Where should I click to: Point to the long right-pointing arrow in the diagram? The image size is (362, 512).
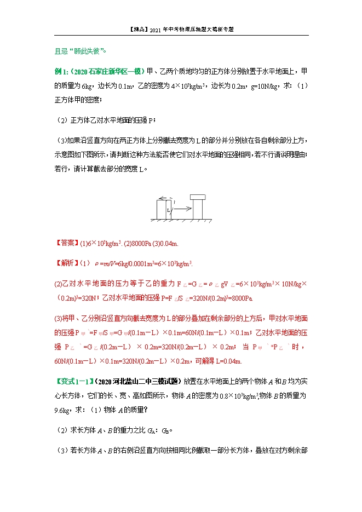coord(183,208)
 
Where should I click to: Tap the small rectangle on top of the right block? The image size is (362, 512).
coord(197,198)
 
